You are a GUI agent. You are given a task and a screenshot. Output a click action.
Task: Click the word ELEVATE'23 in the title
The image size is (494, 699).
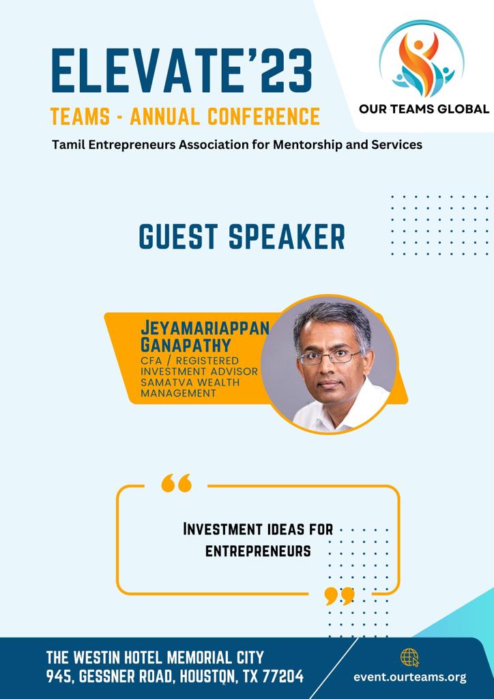[x=181, y=71]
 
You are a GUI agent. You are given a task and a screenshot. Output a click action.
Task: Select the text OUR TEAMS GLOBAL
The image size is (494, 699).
[x=424, y=109]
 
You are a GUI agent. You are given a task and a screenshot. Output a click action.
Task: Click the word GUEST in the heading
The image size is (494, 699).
[x=178, y=236]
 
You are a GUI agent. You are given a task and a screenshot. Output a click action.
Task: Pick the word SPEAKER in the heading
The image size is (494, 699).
[x=287, y=236]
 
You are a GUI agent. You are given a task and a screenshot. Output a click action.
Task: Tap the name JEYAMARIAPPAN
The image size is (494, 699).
[x=205, y=328]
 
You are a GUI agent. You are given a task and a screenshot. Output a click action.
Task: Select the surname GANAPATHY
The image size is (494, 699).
[x=186, y=345]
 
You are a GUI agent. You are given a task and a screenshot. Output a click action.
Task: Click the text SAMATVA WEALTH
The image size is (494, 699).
[x=190, y=382]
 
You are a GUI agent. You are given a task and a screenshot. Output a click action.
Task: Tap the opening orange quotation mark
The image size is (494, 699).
[x=177, y=483]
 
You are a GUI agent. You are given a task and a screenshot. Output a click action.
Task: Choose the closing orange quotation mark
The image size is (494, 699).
[x=339, y=596]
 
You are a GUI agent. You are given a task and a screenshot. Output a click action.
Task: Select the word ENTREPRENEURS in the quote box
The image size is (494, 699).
[x=258, y=552]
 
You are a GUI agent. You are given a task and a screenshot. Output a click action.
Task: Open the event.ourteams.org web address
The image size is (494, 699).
[x=410, y=678]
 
